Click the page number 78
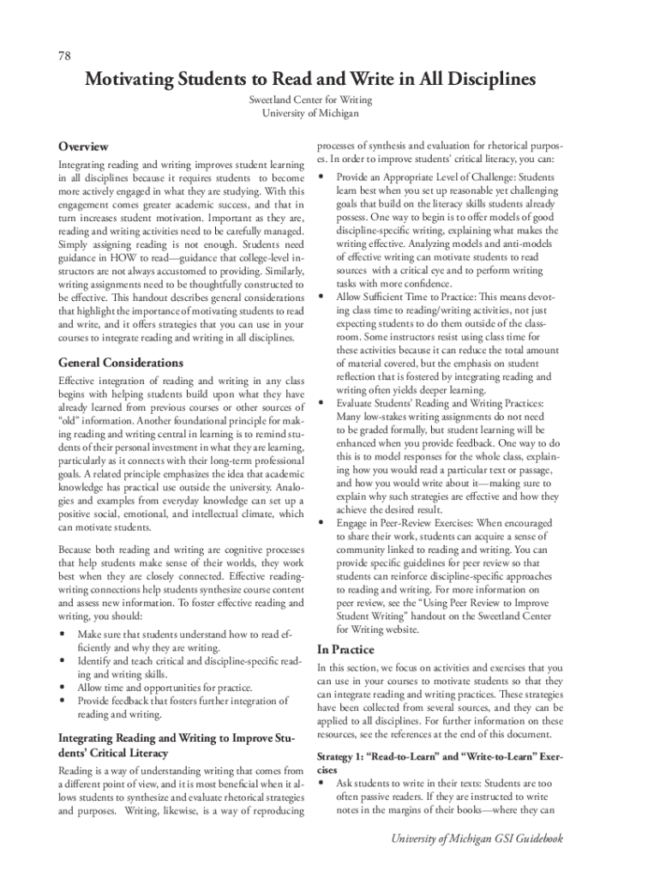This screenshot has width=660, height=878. [x=64, y=56]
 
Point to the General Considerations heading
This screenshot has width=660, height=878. [x=120, y=363]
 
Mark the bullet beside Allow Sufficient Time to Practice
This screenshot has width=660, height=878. [x=321, y=296]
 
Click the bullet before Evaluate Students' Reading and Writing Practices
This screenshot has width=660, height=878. [x=321, y=402]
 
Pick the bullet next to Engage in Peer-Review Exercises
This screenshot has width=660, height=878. [x=321, y=521]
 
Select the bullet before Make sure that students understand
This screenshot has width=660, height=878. [x=62, y=634]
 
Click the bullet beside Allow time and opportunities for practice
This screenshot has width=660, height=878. [x=62, y=688]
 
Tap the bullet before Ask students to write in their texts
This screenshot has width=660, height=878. [x=321, y=783]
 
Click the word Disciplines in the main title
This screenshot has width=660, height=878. [x=479, y=80]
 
